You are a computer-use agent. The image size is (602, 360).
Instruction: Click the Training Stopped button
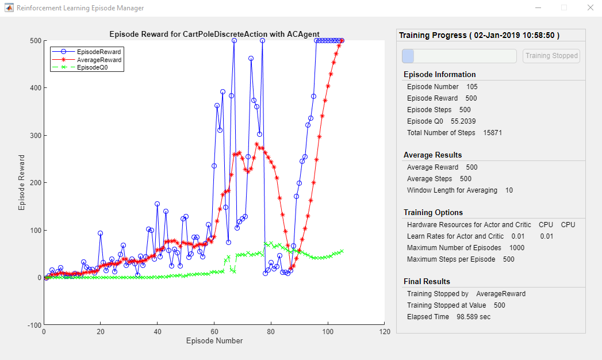(551, 56)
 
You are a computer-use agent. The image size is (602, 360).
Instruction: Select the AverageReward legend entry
(99, 59)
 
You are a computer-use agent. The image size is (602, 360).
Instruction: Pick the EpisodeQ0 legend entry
(93, 67)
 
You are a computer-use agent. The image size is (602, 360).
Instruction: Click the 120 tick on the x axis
(385, 332)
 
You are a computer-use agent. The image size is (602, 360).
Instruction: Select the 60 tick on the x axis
(214, 332)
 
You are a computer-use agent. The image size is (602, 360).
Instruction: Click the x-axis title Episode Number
(214, 340)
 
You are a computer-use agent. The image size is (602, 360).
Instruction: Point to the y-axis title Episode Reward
(22, 182)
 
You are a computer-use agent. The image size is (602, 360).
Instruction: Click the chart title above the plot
(214, 34)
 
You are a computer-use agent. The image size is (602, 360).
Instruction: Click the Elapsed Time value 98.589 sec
(474, 317)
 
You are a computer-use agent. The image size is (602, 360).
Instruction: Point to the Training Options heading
(433, 212)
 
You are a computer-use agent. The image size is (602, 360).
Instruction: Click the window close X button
(589, 8)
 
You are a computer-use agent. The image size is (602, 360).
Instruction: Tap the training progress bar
(459, 56)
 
